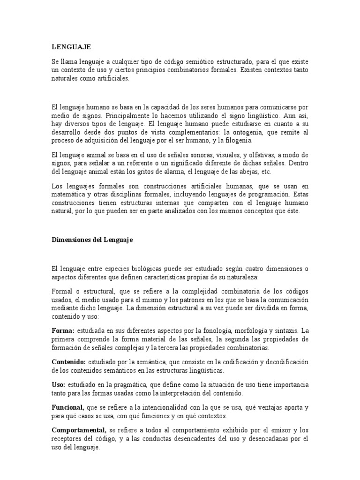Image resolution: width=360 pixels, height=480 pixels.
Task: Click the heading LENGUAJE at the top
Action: (71, 47)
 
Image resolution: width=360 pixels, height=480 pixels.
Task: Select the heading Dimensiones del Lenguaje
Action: (92, 240)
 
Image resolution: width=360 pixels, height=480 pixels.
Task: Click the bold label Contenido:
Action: (68, 362)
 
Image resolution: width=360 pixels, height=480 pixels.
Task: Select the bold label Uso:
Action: (59, 384)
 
